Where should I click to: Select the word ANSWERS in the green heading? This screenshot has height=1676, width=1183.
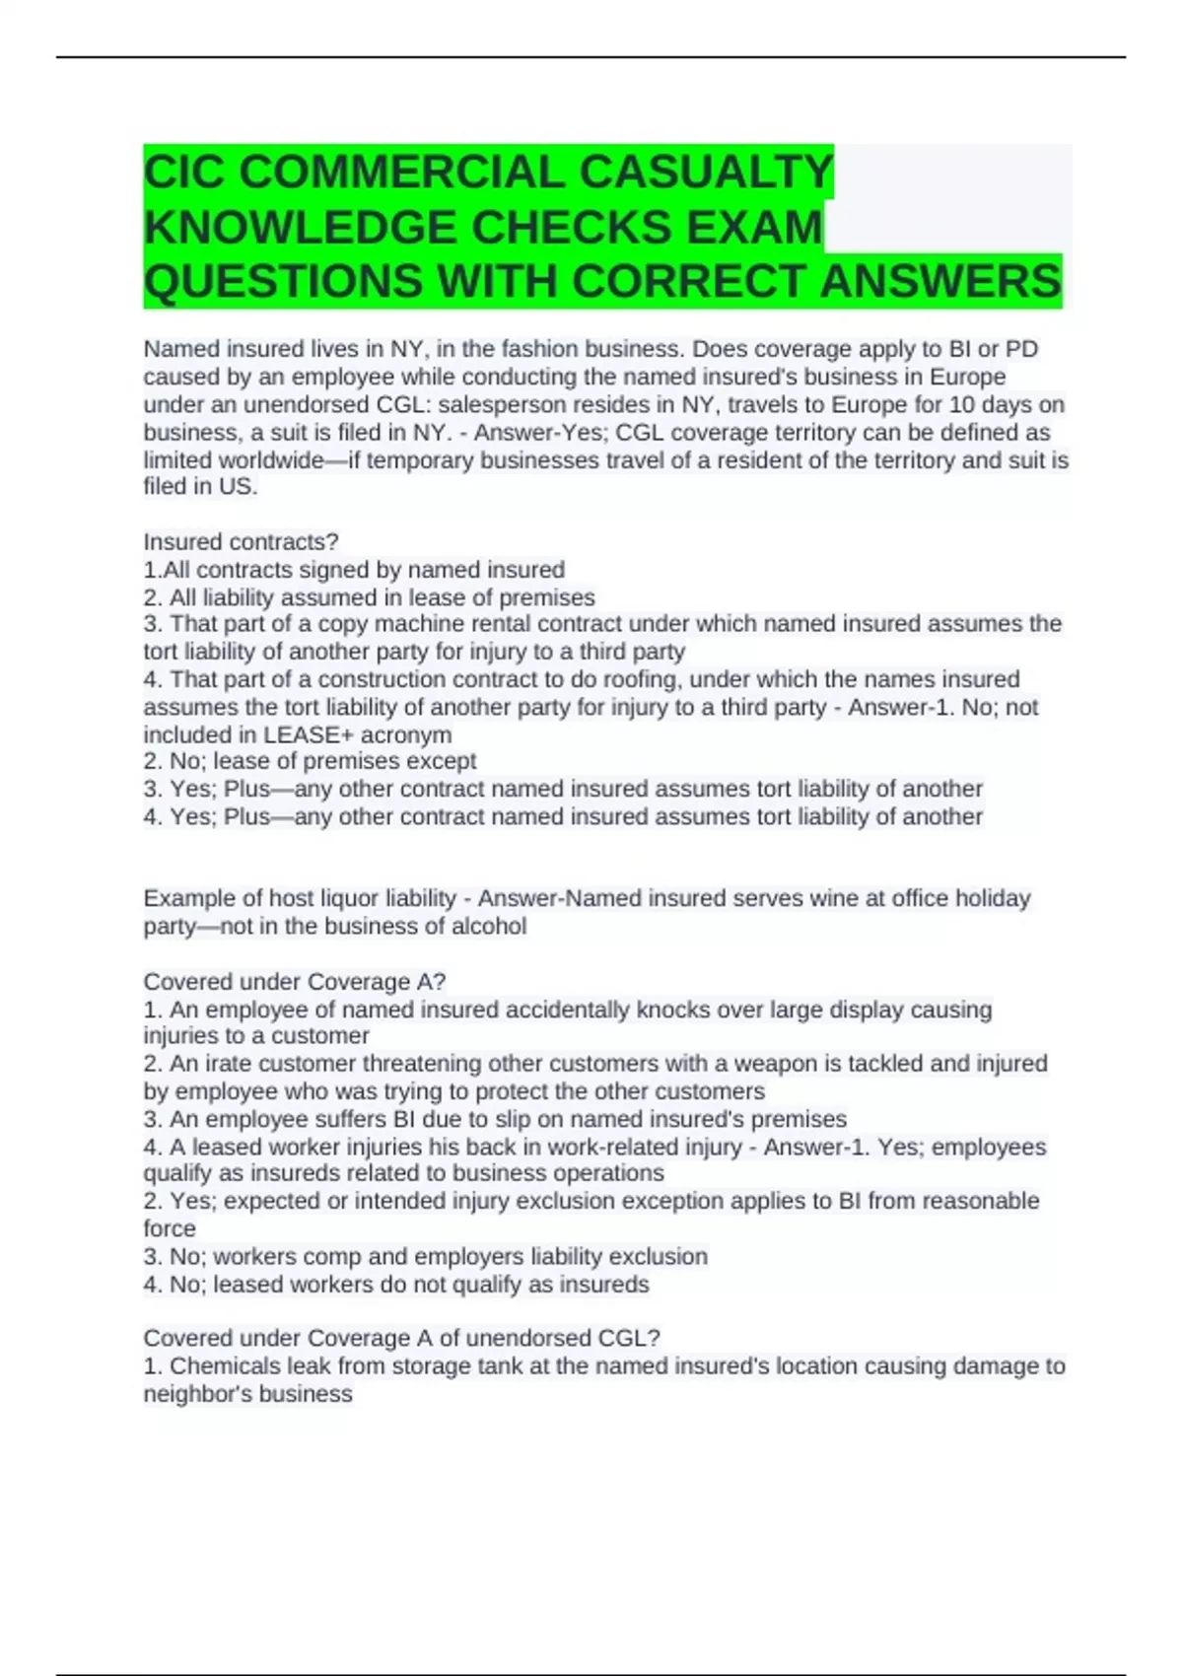click(940, 282)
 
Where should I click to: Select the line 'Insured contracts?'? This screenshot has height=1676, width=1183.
click(241, 542)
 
